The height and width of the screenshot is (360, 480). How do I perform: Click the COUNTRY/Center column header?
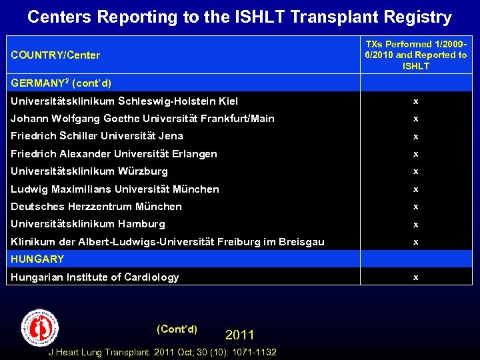55,55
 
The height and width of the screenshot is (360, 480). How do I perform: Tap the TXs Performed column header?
416,55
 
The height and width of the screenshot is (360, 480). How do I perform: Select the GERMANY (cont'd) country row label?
61,83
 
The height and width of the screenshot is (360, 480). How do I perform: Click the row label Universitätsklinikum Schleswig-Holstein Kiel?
124,101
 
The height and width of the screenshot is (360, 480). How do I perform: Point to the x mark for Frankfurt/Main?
416,119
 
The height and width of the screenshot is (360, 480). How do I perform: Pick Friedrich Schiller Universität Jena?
97,136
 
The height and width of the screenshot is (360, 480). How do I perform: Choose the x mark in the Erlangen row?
416,154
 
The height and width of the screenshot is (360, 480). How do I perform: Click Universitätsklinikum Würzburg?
89,171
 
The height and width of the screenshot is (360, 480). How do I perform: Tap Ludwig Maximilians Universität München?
115,189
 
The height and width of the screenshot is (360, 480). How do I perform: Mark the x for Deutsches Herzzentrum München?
416,207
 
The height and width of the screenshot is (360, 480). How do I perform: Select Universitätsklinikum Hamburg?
88,224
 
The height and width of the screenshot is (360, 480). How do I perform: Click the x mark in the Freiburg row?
416,242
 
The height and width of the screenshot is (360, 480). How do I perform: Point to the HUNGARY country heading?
37,259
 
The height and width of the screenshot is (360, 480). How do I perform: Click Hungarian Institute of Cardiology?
95,277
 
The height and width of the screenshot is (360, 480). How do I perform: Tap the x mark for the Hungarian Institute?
416,277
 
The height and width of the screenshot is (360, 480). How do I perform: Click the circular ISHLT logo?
40,327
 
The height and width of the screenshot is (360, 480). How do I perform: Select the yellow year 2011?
240,335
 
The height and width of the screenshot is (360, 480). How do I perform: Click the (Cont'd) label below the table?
177,329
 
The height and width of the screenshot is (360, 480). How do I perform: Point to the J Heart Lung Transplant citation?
163,352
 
